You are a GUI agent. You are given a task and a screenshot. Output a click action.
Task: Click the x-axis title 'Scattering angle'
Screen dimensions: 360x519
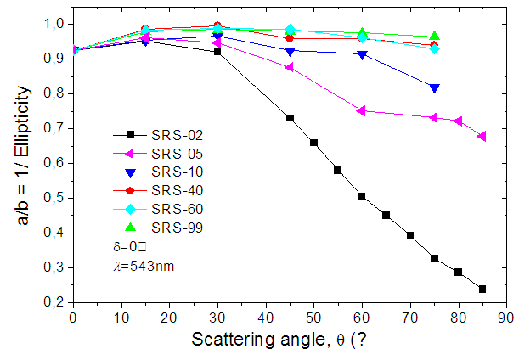point(254,340)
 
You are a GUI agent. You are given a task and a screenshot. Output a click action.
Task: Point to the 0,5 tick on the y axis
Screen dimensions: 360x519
point(55,198)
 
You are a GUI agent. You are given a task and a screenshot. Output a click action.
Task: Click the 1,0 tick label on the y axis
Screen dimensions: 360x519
point(55,24)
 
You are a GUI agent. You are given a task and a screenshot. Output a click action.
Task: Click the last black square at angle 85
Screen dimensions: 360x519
point(482,290)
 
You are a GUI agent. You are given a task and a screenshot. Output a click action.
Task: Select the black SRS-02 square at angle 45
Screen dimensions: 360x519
point(290,118)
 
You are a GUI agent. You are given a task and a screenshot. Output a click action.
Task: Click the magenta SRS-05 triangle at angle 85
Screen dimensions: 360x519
point(482,136)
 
